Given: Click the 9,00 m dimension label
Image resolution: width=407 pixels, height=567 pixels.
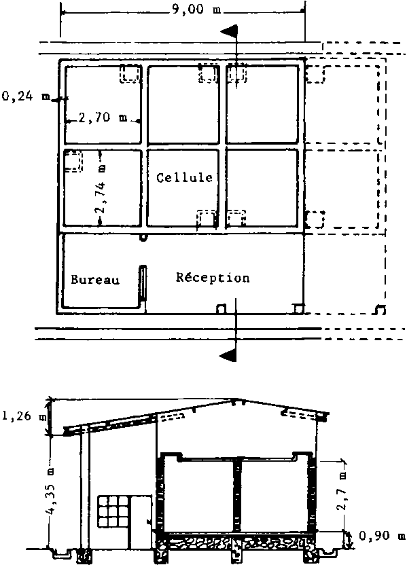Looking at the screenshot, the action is (x=196, y=9).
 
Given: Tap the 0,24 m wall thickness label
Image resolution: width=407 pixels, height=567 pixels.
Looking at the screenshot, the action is (x=25, y=96).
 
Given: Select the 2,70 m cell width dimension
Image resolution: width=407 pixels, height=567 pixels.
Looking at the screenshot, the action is (x=103, y=117).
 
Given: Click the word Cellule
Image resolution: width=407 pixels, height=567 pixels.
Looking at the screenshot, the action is (x=185, y=177).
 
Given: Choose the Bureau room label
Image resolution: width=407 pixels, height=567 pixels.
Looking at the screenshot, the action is (x=95, y=280).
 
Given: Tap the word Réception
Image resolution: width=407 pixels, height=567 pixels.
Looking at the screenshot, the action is (x=213, y=277).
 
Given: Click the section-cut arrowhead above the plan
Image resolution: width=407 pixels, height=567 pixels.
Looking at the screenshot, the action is (x=229, y=31).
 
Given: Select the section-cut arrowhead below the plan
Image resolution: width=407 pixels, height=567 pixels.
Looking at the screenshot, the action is (x=228, y=355).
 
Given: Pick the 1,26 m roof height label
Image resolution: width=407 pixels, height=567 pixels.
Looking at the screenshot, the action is (x=24, y=416).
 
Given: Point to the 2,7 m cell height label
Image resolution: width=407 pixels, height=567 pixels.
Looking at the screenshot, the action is (x=342, y=490).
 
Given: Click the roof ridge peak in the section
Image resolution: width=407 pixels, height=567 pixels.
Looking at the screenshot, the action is (x=235, y=399).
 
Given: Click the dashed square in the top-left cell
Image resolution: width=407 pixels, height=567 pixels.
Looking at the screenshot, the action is (x=130, y=73).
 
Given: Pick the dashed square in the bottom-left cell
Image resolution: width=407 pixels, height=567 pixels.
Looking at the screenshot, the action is (x=73, y=161).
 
